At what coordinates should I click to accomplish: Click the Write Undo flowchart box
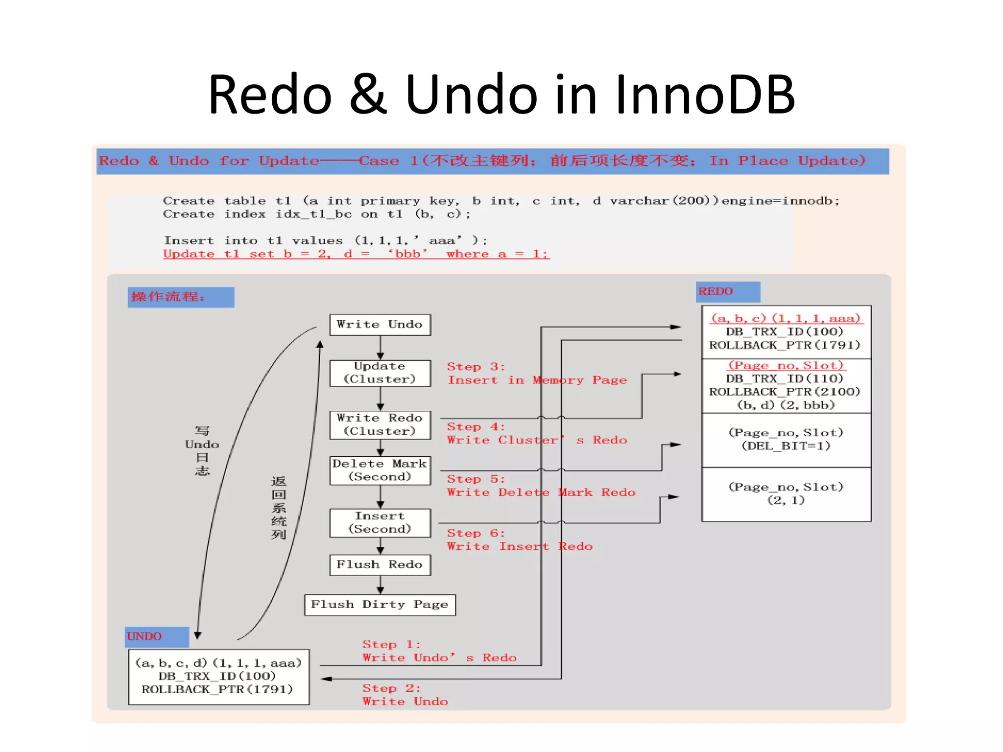pos(380,325)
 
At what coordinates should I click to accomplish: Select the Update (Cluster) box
pos(380,373)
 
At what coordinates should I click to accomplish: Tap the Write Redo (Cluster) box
pos(380,424)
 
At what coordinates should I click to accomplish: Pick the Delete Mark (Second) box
pos(380,470)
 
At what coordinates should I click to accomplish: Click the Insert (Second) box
pos(380,522)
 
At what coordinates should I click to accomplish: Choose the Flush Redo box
pos(380,564)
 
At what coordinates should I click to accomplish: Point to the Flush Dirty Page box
pos(380,605)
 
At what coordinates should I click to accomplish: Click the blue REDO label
pos(727,292)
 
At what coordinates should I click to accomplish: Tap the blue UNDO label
pos(156,636)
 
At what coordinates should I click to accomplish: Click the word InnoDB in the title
pos(704,94)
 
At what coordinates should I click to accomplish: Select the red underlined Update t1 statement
pos(356,254)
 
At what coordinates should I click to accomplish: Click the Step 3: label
pos(475,367)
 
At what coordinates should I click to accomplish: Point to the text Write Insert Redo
pos(519,546)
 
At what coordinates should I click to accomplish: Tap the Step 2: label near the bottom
pos(391,688)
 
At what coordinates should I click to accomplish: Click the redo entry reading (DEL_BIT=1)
pos(786,446)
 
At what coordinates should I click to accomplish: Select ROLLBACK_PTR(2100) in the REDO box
pos(785,392)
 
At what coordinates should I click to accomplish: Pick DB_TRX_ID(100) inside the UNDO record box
pos(217,676)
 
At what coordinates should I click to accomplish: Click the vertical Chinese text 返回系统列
pos(278,508)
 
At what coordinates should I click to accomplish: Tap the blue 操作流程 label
pos(180,297)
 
